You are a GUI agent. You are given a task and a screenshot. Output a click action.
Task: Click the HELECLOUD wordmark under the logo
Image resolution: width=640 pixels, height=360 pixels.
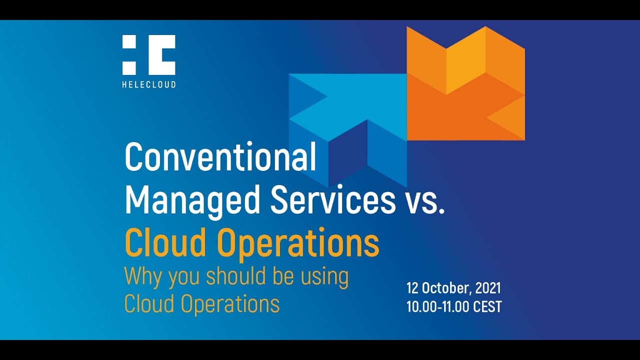pyautogui.click(x=148, y=84)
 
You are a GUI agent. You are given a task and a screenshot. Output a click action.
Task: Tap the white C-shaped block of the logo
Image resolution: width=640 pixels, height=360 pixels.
pyautogui.click(x=161, y=55)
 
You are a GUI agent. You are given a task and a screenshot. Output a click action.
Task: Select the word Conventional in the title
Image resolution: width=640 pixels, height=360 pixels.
pyautogui.click(x=220, y=157)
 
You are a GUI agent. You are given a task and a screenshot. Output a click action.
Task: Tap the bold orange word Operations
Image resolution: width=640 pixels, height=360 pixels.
pyautogui.click(x=297, y=243)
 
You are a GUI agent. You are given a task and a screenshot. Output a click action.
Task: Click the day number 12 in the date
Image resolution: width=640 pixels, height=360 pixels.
pyautogui.click(x=412, y=288)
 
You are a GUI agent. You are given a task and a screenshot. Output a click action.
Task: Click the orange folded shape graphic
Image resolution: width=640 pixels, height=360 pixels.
pyautogui.click(x=465, y=85)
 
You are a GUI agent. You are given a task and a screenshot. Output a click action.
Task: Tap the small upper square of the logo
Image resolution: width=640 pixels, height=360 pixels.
pyautogui.click(x=129, y=42)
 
